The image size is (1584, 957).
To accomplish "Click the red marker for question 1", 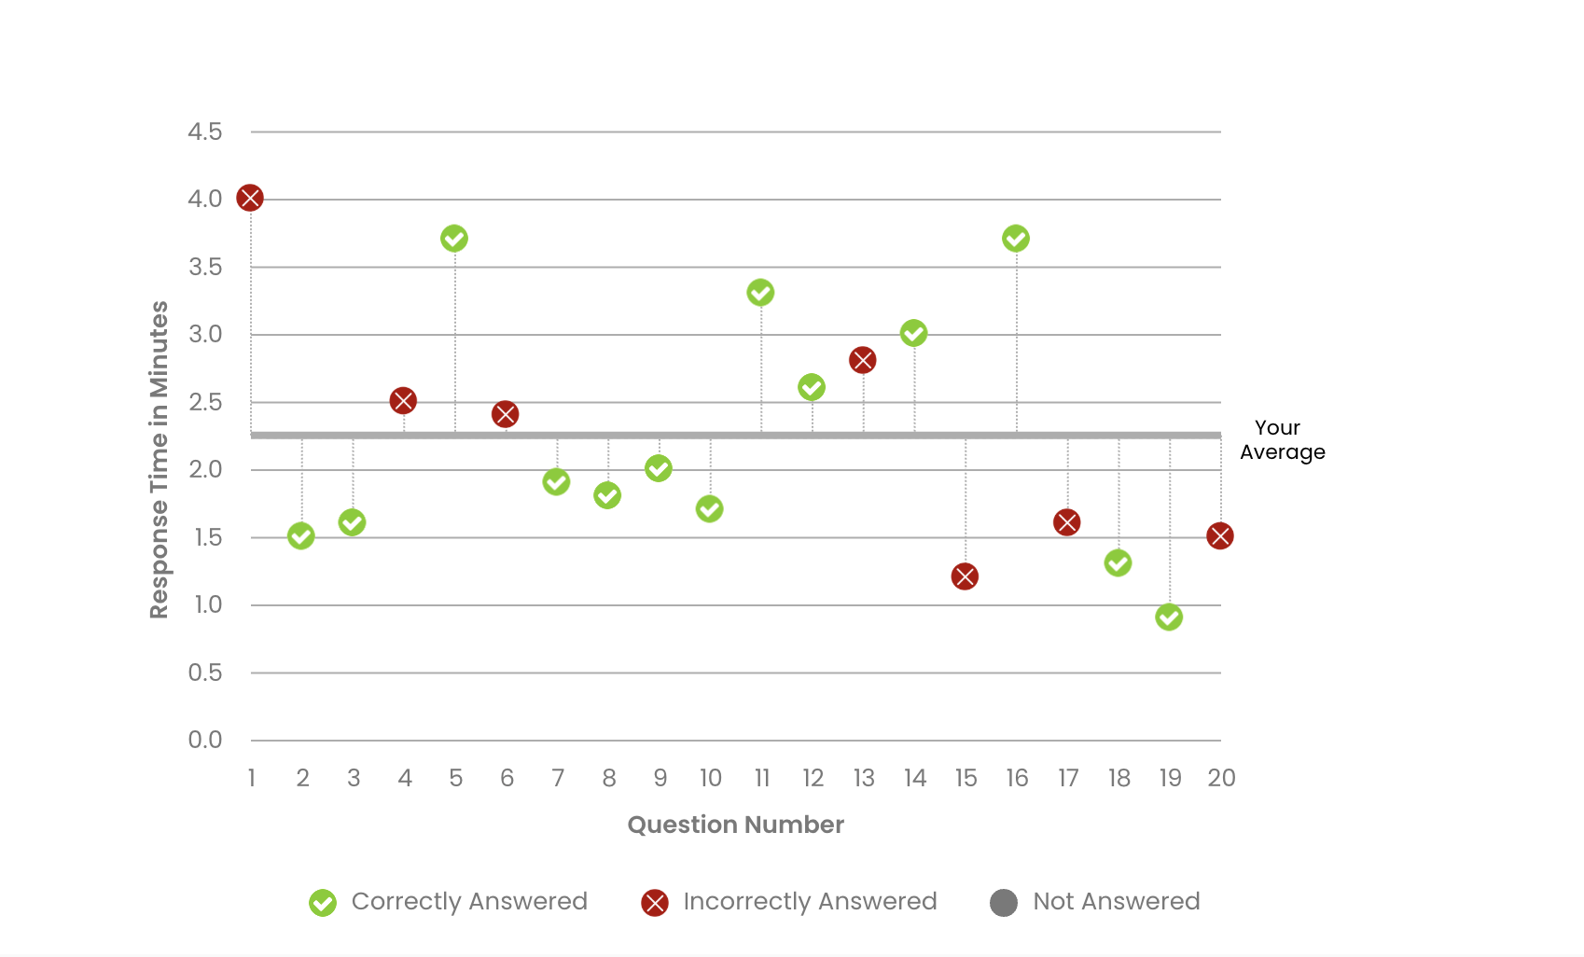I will (250, 198).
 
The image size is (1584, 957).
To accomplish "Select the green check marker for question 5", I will (454, 239).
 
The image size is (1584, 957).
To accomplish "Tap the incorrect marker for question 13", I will (863, 360).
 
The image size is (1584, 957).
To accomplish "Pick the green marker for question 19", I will (1169, 617).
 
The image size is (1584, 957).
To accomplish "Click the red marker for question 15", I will (965, 576).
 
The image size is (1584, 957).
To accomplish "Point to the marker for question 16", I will (1016, 239).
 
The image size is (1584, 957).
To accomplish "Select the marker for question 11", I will (760, 293).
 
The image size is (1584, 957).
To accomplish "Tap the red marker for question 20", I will (1220, 536).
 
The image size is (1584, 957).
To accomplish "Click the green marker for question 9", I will (659, 468).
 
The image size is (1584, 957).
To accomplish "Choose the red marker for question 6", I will (505, 414).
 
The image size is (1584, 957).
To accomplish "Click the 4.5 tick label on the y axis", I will (205, 132).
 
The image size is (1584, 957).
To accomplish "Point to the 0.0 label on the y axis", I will (205, 741).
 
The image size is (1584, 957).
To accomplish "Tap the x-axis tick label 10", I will (711, 778).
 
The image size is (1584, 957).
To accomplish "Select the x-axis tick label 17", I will (1068, 778).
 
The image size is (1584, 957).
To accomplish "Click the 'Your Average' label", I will (1282, 440).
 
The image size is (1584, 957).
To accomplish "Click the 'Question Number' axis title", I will (735, 825).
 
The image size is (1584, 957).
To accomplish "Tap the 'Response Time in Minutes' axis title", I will (160, 459).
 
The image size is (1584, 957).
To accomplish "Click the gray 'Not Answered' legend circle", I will (1004, 903).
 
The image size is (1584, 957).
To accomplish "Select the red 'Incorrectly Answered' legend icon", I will (655, 903).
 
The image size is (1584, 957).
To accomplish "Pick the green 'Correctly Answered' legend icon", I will (323, 903).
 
